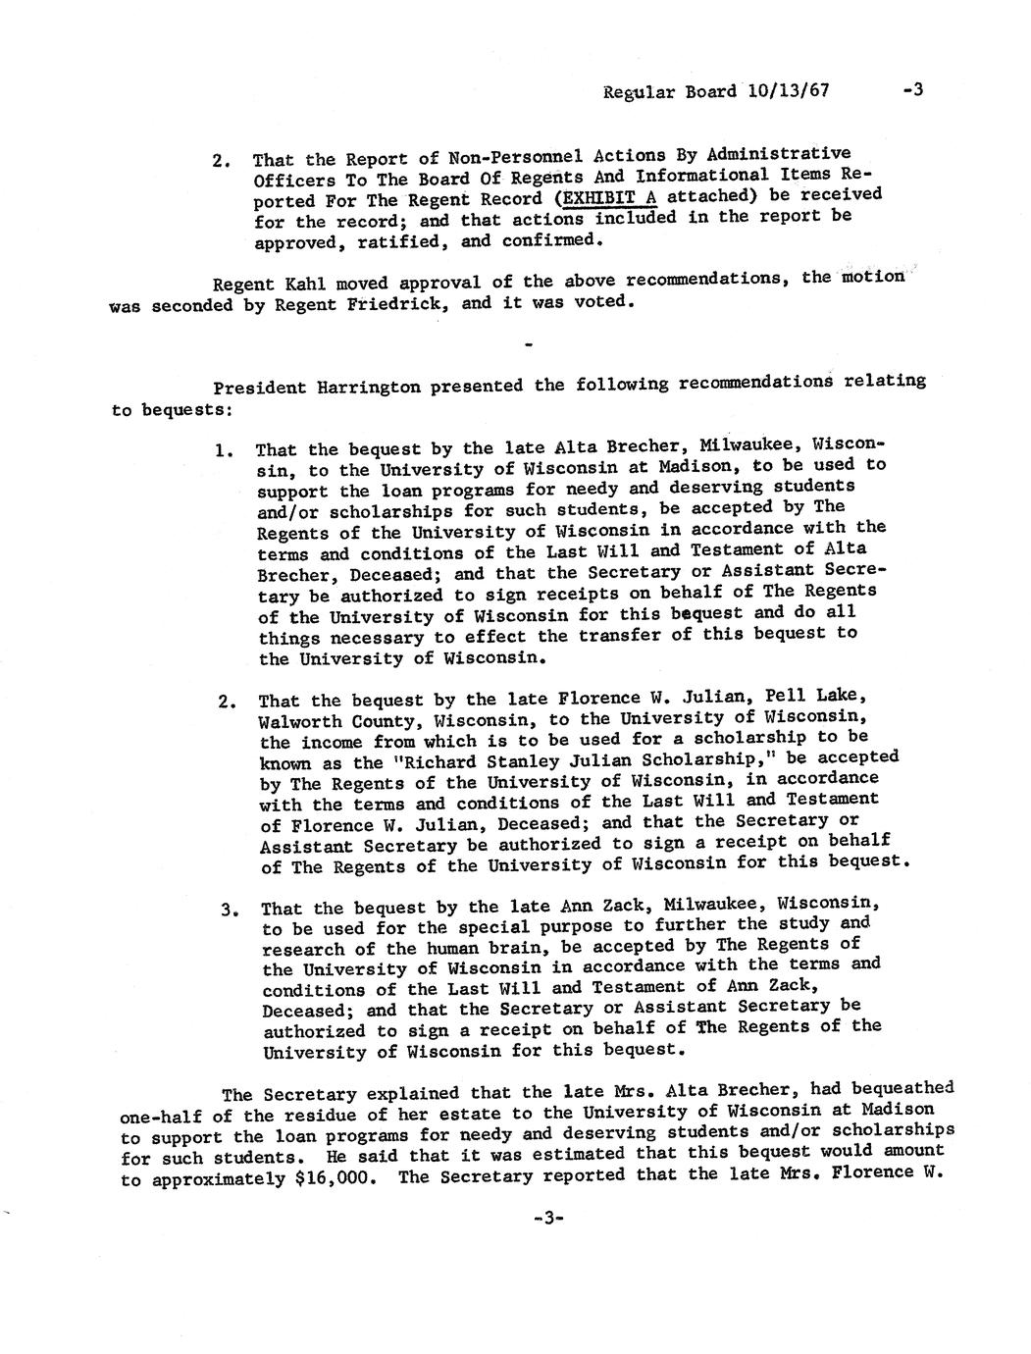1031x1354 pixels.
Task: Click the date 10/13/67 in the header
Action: coord(788,91)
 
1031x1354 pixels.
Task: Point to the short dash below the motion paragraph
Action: coord(530,345)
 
